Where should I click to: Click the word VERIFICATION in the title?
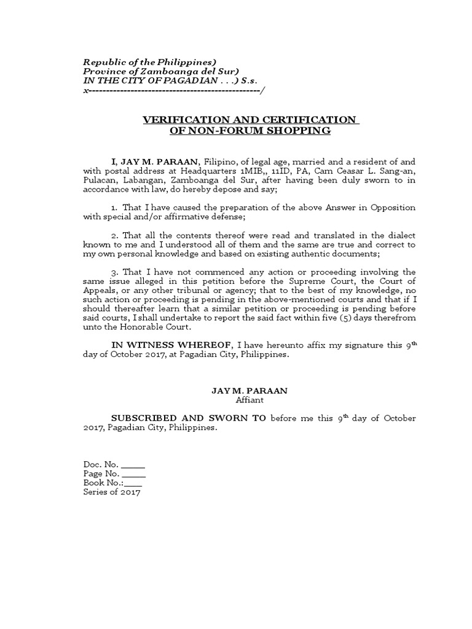(189, 119)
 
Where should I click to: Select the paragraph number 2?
(114, 235)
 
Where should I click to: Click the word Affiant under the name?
(250, 400)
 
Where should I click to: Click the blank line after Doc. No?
(133, 465)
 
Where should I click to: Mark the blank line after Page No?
(134, 474)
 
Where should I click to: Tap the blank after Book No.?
(133, 483)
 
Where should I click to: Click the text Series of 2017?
(112, 492)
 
